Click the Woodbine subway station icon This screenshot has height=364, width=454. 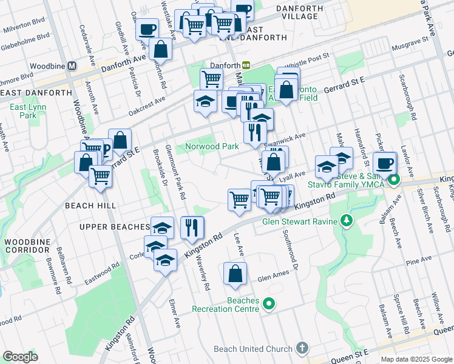pyautogui.click(x=72, y=66)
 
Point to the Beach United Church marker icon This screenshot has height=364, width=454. pyautogui.click(x=302, y=349)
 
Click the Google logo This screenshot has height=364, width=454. pyautogui.click(x=20, y=357)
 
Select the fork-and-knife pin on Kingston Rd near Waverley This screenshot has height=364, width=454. pyautogui.click(x=192, y=227)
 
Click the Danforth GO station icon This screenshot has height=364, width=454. pyautogui.click(x=246, y=65)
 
